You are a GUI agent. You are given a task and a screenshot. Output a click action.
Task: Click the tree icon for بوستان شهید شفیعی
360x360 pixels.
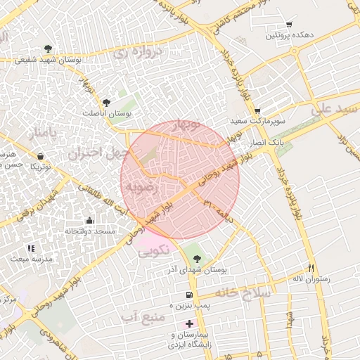pos(47,49)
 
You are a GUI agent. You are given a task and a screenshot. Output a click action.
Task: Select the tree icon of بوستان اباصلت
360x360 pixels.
pos(106,103)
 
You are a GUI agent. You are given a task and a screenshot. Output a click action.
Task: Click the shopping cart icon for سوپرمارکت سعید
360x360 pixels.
pos(257,110)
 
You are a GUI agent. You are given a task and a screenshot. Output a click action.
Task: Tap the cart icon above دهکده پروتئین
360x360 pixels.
pos(288,25)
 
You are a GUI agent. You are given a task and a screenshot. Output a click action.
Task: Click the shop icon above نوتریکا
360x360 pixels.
pos(40,155)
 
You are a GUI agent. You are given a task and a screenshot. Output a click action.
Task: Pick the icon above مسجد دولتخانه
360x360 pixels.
pos(89,220)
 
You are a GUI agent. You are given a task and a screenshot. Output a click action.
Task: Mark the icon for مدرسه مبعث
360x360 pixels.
pos(30,248)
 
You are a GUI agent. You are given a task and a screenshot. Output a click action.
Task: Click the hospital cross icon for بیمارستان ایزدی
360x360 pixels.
pos(188,323)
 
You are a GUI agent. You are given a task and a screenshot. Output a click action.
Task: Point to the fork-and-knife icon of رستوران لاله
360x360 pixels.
pos(311,268)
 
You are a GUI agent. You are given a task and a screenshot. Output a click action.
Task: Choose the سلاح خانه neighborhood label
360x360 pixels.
pos(243,292)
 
